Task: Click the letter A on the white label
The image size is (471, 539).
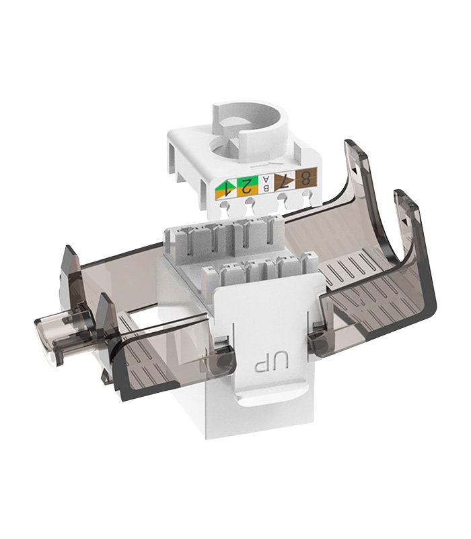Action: coord(266,180)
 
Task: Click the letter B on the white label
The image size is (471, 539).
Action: coord(266,188)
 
